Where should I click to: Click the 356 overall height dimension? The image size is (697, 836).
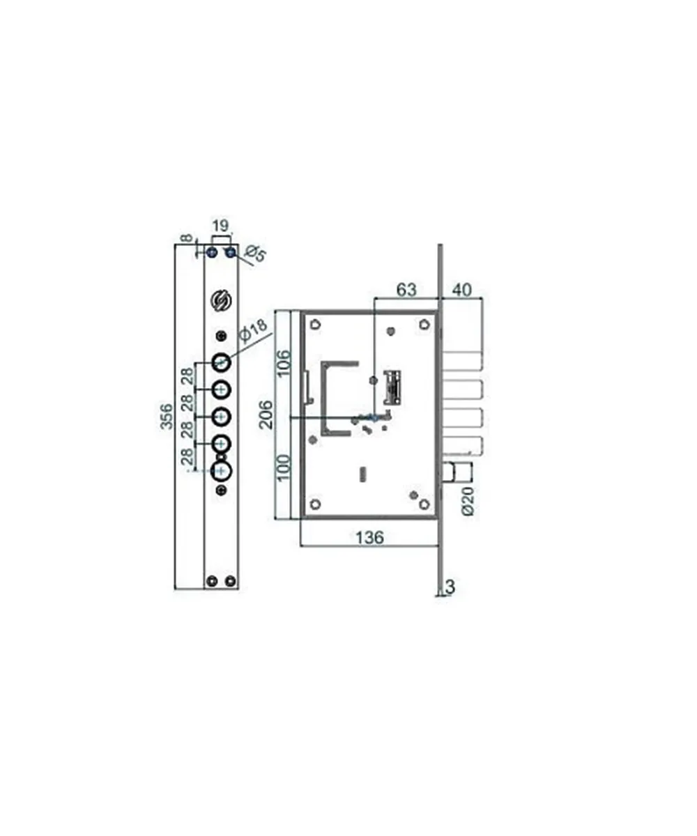(x=167, y=417)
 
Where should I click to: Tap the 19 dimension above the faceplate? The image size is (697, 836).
(x=220, y=226)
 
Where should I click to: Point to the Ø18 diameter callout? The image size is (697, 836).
(x=253, y=331)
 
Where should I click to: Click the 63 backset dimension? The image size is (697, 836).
(x=406, y=291)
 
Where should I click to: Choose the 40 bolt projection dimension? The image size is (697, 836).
(x=461, y=291)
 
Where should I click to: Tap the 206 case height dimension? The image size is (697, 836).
(x=266, y=415)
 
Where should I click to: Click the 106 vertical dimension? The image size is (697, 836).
(x=284, y=363)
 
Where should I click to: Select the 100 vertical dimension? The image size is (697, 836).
(x=284, y=467)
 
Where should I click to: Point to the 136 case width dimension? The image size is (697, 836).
(x=369, y=538)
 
